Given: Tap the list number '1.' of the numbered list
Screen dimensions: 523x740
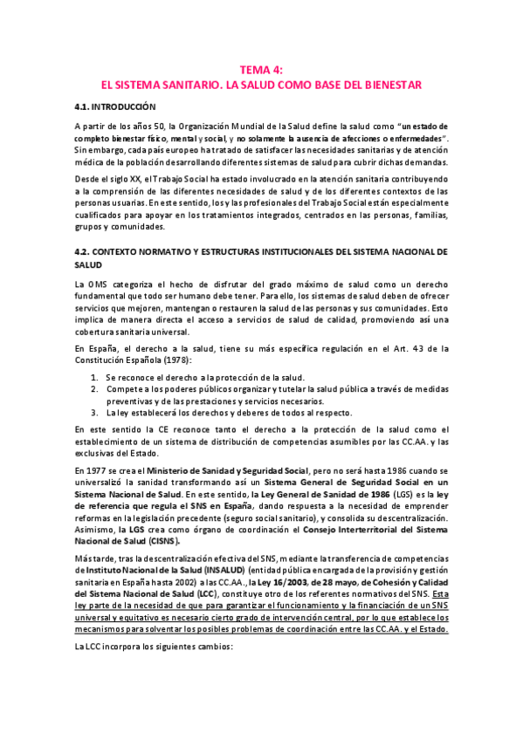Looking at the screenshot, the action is [x=95, y=377].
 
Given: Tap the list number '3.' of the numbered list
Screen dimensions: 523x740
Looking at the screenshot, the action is [x=95, y=412].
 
